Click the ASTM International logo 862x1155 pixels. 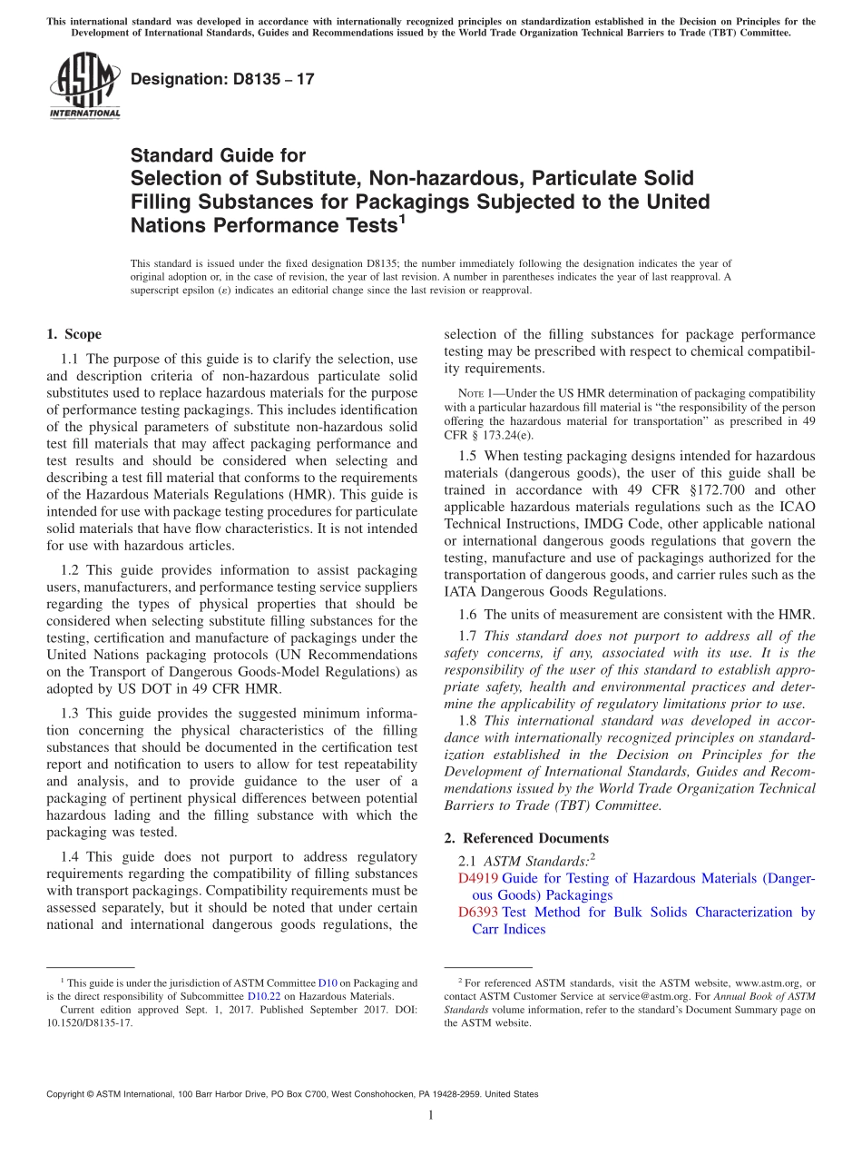point(84,86)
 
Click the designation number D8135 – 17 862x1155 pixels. point(222,79)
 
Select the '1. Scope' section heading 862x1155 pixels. point(73,334)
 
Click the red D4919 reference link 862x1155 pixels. point(478,878)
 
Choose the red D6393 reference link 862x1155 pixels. point(478,913)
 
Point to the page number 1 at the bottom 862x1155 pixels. point(431,1115)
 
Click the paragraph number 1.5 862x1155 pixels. point(471,456)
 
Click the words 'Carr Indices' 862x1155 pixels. point(508,929)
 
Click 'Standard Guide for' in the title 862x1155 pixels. point(218,156)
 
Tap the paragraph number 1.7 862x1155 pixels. point(471,636)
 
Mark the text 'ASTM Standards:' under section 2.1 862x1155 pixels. point(536,860)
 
